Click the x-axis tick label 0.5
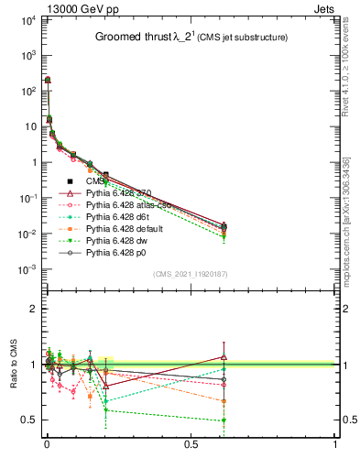[x=191, y=456]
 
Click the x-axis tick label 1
[x=334, y=456]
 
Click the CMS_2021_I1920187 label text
[x=190, y=273]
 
